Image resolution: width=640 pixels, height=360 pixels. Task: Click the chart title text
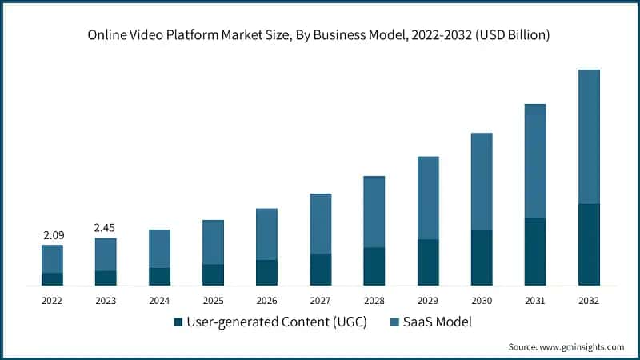pos(320,36)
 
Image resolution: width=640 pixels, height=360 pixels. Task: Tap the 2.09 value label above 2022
pos(52,235)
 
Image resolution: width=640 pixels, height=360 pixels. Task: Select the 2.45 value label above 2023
pos(106,228)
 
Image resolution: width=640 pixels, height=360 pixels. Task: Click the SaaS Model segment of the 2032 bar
pos(589,136)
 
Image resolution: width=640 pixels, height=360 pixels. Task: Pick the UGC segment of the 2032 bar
pos(589,245)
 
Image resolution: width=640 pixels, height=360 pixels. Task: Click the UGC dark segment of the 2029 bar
pos(428,262)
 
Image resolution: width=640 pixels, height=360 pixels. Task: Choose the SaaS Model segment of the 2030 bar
pos(482,182)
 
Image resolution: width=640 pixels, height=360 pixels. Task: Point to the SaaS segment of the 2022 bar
pos(52,258)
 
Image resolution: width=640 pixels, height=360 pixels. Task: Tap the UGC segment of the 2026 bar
pos(266,273)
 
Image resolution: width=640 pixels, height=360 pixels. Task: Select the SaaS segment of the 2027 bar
pos(320,223)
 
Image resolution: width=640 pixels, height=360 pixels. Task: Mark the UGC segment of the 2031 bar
pos(535,252)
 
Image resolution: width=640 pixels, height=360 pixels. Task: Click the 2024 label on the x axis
pos(159,300)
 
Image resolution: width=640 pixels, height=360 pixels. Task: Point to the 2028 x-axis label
pos(374,300)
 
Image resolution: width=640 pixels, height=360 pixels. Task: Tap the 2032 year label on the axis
pos(589,300)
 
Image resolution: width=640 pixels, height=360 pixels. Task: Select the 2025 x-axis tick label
pos(213,300)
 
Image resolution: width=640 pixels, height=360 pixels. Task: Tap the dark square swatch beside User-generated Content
pos(178,323)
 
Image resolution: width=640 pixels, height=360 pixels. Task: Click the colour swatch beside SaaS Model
pos(393,323)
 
